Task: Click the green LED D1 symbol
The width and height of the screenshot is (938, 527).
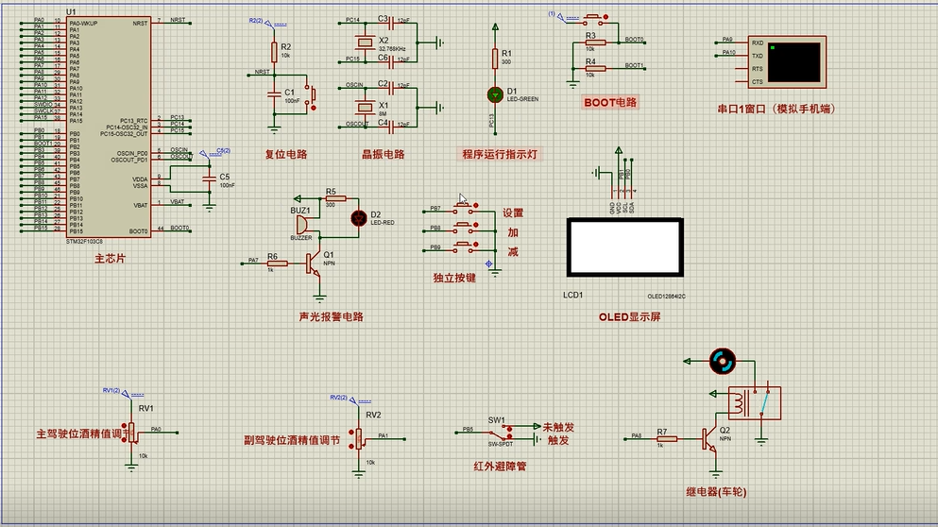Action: click(x=493, y=93)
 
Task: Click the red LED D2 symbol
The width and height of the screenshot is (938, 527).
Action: click(x=358, y=217)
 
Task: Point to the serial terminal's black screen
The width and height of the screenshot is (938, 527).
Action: click(x=793, y=61)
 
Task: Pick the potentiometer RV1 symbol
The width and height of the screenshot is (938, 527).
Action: click(x=132, y=431)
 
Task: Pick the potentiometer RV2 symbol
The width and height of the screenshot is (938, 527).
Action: click(x=359, y=436)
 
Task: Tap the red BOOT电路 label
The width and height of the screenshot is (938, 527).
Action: click(x=610, y=102)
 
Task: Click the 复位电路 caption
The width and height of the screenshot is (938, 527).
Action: click(x=285, y=154)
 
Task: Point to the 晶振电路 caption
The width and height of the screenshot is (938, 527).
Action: click(x=383, y=154)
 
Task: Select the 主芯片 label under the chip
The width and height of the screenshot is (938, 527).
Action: click(x=109, y=257)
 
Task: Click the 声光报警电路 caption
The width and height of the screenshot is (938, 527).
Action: click(x=331, y=316)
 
